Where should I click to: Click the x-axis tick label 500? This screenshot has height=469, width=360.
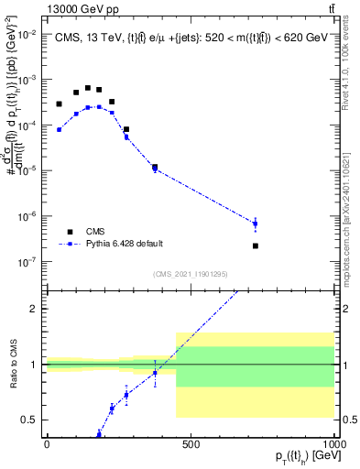(x=191, y=444)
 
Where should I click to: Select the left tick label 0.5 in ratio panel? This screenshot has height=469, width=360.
(x=31, y=420)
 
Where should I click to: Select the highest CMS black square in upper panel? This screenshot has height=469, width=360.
(x=88, y=88)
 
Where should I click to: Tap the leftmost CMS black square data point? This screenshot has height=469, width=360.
(x=60, y=104)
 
